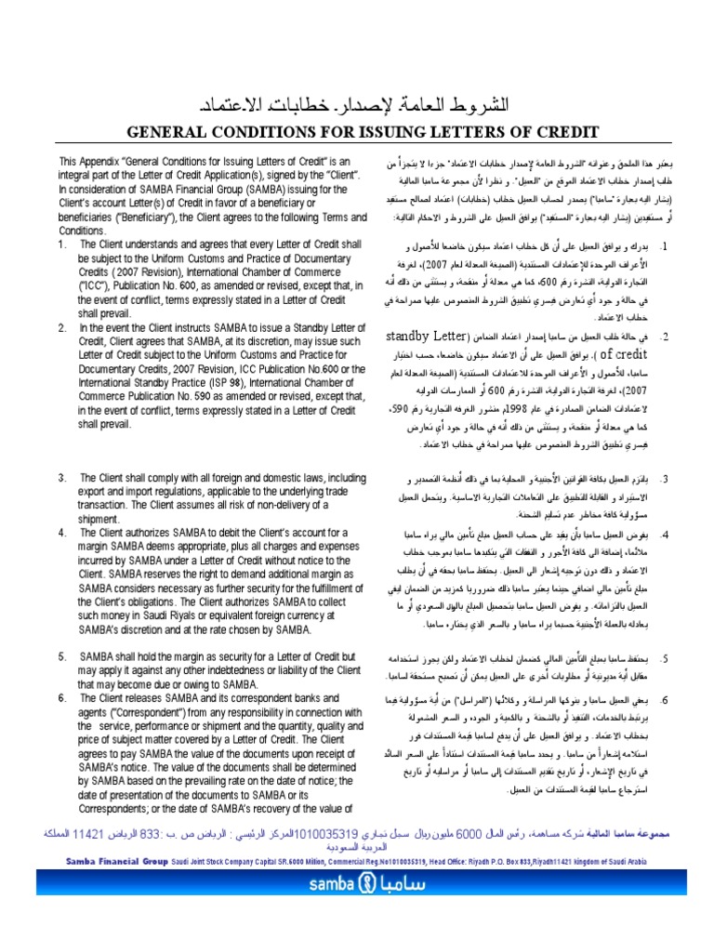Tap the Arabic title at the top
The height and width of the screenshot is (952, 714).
coord(356,103)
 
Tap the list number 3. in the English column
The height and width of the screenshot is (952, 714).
coord(61,477)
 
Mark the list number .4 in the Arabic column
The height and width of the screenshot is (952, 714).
coord(665,535)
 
